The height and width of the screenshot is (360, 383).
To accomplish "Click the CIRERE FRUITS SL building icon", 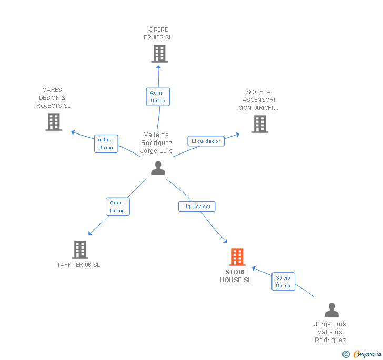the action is coord(159,54).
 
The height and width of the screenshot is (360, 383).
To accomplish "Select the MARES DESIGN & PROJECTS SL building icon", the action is coord(54,122).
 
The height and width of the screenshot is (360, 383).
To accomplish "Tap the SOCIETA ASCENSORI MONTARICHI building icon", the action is coord(260,124).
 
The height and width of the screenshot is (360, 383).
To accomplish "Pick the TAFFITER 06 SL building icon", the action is coord(80,250).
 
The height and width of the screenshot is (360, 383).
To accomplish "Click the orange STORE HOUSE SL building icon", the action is coord(237,257).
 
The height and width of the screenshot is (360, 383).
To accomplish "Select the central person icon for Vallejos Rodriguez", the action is coord(158,168).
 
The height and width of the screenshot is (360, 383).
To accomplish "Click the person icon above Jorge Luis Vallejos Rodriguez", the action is coord(331,310).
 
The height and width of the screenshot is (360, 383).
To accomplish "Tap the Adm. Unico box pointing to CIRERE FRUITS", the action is coord(158,97).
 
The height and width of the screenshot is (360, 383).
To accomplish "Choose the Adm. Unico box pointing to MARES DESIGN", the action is coord(106,144).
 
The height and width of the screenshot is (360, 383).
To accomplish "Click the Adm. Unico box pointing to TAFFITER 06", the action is coord(118,207).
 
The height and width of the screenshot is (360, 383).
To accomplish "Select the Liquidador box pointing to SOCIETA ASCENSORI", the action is coord(206,141).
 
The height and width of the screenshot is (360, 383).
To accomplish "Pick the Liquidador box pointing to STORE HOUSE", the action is coord(197,207).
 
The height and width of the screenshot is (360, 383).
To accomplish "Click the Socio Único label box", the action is coord(284,282).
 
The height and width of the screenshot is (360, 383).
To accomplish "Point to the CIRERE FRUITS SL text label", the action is coord(158,34).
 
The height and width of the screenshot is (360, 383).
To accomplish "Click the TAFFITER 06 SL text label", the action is coord(79,265).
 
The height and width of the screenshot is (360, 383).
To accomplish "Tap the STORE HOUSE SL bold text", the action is coord(236,276).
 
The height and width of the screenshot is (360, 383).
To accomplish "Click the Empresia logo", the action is coord(362,354).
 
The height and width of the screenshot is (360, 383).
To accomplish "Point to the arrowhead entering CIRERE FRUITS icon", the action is coord(158,67).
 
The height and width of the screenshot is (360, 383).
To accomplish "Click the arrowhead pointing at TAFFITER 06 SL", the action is coord(90,233).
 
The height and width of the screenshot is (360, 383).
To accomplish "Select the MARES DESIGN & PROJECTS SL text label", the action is coord(52,98).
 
